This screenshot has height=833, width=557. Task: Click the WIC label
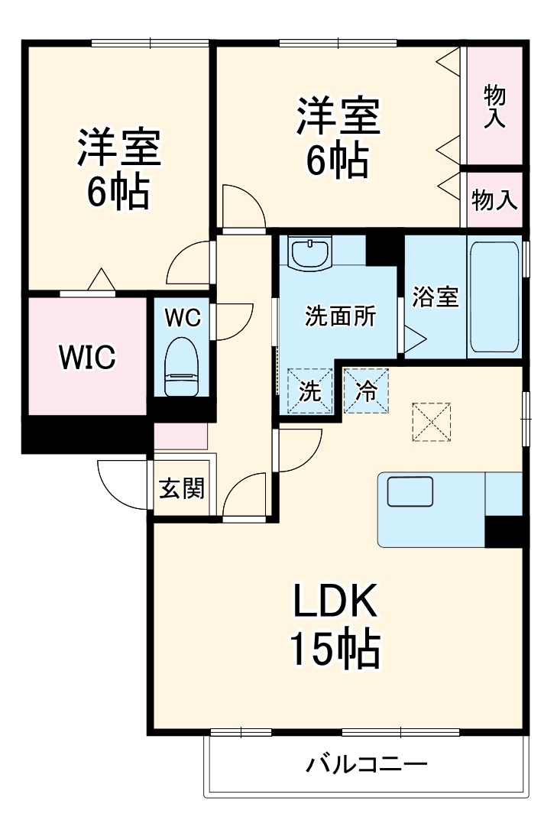88,356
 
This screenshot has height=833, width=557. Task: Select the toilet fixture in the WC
182,367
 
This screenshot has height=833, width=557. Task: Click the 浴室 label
436,297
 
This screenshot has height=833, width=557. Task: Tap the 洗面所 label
340,316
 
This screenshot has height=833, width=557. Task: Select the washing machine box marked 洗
309,391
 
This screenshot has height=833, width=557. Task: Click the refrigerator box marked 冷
367,391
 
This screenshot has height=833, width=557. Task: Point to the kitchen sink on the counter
410,492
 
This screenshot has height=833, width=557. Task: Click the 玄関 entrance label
182,488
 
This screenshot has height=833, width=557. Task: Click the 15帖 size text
334,650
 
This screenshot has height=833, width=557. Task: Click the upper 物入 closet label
494,105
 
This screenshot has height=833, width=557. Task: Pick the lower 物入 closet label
494,199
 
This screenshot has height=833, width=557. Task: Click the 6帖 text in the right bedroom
337,160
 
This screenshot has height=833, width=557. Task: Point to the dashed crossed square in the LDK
432,422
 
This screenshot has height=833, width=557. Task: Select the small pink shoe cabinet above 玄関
181,436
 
